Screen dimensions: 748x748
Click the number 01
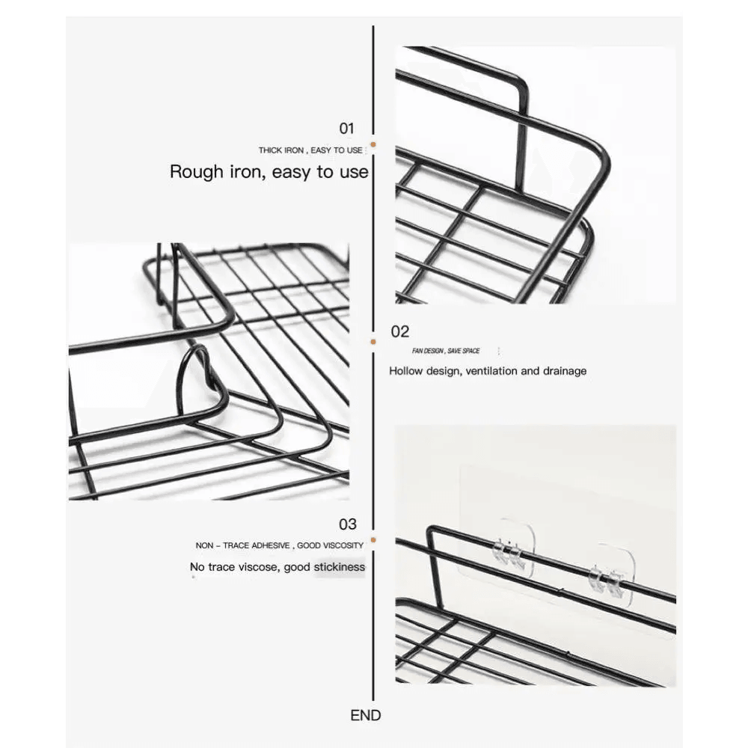pos(346,129)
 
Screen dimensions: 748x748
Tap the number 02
pos(399,331)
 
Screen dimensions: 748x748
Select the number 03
pos(347,524)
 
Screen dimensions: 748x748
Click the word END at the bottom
pos(366,715)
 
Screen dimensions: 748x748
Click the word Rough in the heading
pos(197,172)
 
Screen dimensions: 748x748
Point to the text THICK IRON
pos(281,150)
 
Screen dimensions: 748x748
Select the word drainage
pos(563,371)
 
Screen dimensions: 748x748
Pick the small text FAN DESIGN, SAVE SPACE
pos(446,351)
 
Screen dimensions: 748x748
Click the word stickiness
pos(339,567)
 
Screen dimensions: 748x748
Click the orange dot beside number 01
pos(373,144)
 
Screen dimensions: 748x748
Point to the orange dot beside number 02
pos(373,342)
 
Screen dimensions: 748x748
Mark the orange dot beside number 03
pos(373,540)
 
